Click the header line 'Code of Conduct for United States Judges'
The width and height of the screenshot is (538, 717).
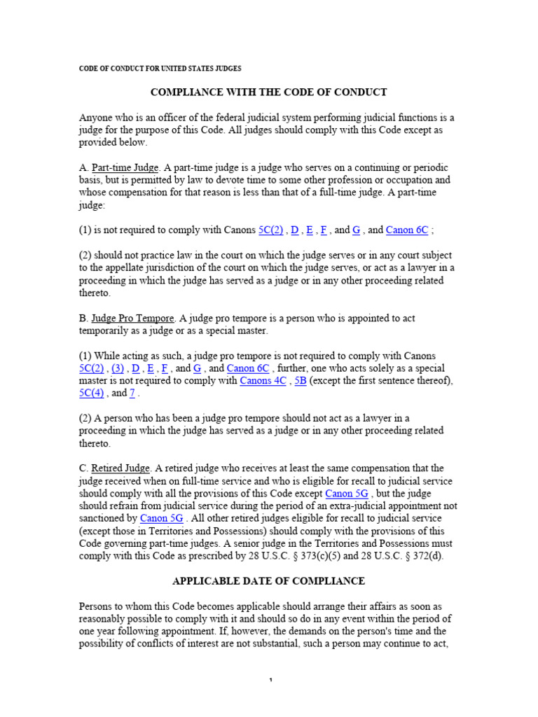[160, 69]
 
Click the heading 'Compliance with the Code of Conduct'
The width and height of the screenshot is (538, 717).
[269, 92]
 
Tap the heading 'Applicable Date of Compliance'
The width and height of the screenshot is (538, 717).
[269, 580]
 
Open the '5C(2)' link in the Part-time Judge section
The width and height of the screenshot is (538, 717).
[271, 230]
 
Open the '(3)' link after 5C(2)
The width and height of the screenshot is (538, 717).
[118, 368]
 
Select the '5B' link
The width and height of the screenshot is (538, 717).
[301, 380]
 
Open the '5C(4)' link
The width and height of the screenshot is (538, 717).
[91, 393]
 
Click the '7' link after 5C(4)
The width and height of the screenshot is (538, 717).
[132, 393]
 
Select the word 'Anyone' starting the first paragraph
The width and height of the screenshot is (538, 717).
[96, 118]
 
